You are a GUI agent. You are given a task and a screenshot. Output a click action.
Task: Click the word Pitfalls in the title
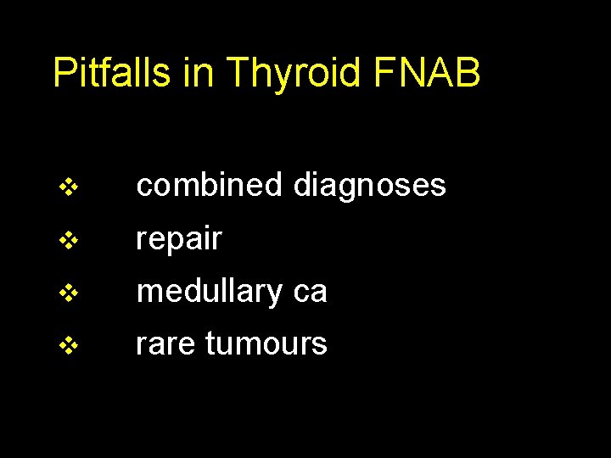coord(113,73)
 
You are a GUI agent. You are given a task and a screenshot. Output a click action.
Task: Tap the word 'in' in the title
coord(198,73)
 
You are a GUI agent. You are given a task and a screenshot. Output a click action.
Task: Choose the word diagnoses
coord(369,186)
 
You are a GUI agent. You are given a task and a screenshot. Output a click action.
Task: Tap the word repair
coord(179,240)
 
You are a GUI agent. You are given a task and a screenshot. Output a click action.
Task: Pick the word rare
coord(165,344)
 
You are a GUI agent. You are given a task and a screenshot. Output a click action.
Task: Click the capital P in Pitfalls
coord(64,73)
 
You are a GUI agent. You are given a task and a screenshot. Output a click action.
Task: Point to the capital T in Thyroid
coord(238,73)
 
